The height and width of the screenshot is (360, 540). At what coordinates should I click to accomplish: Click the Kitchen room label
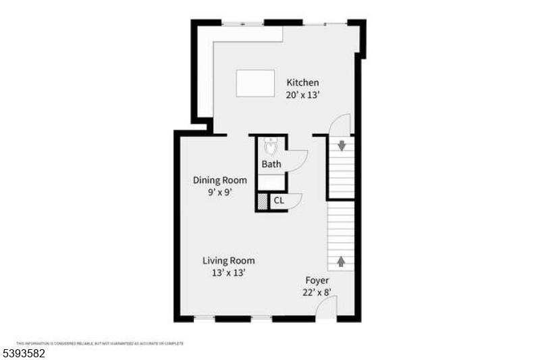[x=302, y=82]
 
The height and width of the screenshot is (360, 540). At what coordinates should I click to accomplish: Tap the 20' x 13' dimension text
[x=302, y=95]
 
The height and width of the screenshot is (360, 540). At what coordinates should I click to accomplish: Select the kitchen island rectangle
[x=255, y=83]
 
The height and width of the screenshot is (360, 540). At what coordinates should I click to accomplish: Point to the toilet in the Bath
[x=271, y=145]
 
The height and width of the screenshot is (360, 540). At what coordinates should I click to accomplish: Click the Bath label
[x=271, y=164]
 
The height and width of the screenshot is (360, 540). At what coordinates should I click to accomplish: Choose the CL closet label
[x=278, y=201]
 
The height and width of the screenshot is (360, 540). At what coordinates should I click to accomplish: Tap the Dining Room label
[x=219, y=180]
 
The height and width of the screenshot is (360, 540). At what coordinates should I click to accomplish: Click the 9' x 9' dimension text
[x=219, y=192]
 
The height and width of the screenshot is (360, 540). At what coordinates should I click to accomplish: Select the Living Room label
[x=229, y=261]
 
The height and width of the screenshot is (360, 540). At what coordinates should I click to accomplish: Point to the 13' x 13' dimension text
[x=229, y=273]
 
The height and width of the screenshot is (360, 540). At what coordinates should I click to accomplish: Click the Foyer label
[x=317, y=280]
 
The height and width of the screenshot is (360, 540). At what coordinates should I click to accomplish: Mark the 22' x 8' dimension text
[x=317, y=292]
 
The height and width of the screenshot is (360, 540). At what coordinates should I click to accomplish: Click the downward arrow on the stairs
[x=342, y=145]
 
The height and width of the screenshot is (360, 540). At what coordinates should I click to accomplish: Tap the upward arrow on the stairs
[x=341, y=261]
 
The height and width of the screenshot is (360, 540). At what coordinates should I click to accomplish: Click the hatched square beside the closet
[x=262, y=201]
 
